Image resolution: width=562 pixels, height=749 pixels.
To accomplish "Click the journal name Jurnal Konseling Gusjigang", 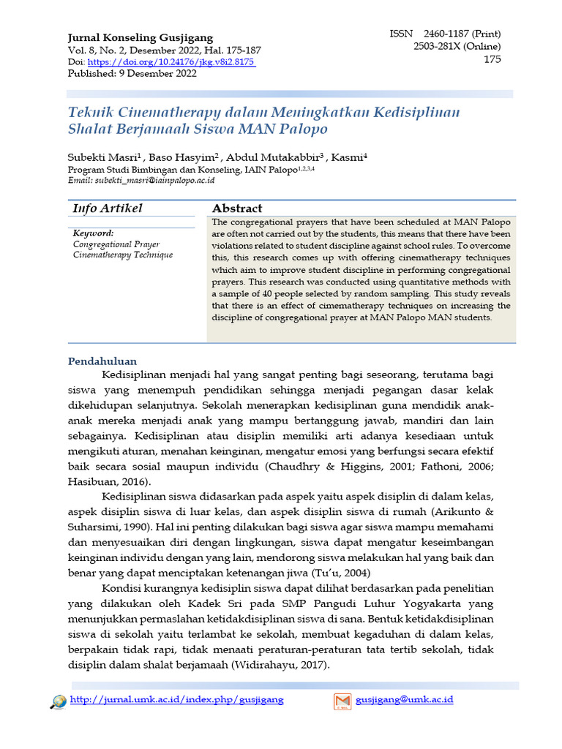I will tap(140, 37).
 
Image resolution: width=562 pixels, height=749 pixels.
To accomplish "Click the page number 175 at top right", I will tap(492, 59).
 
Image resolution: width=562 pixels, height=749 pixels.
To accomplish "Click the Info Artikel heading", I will tap(107, 208).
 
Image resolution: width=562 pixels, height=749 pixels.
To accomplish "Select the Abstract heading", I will tap(236, 208).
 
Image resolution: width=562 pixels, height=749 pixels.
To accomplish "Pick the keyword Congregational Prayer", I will tap(116, 244).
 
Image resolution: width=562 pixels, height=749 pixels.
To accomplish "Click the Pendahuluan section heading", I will tap(102, 361).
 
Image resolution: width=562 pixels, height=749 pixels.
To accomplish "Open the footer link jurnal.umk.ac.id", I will tap(176, 700).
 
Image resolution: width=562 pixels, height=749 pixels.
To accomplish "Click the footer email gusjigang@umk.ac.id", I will tap(404, 700).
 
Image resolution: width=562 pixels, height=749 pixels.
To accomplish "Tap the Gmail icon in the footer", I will tap(342, 701).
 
